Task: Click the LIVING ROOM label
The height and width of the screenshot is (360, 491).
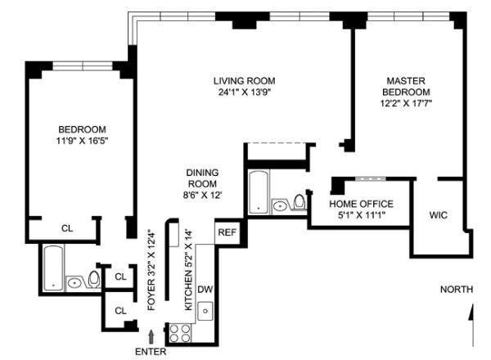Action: [244, 81]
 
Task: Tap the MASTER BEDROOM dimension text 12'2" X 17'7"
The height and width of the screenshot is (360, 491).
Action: [406, 103]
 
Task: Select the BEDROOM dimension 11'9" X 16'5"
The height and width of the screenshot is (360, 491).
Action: [82, 141]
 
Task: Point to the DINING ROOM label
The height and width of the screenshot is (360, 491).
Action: [202, 178]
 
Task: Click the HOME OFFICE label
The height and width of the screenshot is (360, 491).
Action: [361, 204]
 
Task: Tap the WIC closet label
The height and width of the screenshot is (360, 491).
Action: [439, 215]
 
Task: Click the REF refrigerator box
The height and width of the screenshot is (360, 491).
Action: [227, 232]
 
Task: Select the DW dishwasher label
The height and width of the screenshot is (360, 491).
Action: [205, 290]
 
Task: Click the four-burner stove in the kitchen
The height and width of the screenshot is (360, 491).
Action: [180, 333]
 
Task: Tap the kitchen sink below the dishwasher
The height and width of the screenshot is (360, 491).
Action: [205, 311]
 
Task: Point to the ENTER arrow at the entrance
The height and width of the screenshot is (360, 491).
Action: [151, 337]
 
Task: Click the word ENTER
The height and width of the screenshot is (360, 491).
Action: [151, 352]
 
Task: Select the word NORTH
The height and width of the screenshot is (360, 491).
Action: [457, 290]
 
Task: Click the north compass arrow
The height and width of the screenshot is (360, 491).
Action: [471, 325]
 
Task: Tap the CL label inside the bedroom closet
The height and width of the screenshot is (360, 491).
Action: [67, 228]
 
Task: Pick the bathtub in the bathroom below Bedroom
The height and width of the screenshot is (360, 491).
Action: [53, 268]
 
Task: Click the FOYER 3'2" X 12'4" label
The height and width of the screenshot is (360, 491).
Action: [151, 270]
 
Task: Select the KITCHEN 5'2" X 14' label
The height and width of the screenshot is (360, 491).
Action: [188, 270]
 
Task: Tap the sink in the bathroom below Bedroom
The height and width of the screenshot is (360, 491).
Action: [74, 283]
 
